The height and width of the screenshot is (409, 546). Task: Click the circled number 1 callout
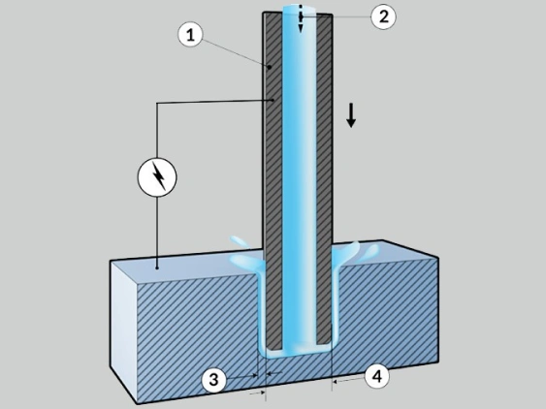190,35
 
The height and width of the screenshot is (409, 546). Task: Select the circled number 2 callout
383,16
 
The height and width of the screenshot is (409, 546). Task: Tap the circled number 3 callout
213,379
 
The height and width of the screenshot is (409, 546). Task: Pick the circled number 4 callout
377,376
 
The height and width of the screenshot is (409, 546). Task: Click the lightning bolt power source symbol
157,177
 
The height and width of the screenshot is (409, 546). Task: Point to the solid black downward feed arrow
351,115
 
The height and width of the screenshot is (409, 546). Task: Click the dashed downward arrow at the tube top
301,18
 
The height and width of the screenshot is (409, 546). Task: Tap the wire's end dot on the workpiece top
157,268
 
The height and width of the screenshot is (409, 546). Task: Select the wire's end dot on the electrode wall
273,100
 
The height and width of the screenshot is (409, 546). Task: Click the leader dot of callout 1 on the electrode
270,67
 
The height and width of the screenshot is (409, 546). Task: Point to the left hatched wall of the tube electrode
273,181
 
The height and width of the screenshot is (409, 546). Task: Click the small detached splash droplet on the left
239,241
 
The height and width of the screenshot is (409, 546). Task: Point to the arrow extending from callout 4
348,380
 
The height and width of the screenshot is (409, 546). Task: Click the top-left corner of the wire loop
157,103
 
